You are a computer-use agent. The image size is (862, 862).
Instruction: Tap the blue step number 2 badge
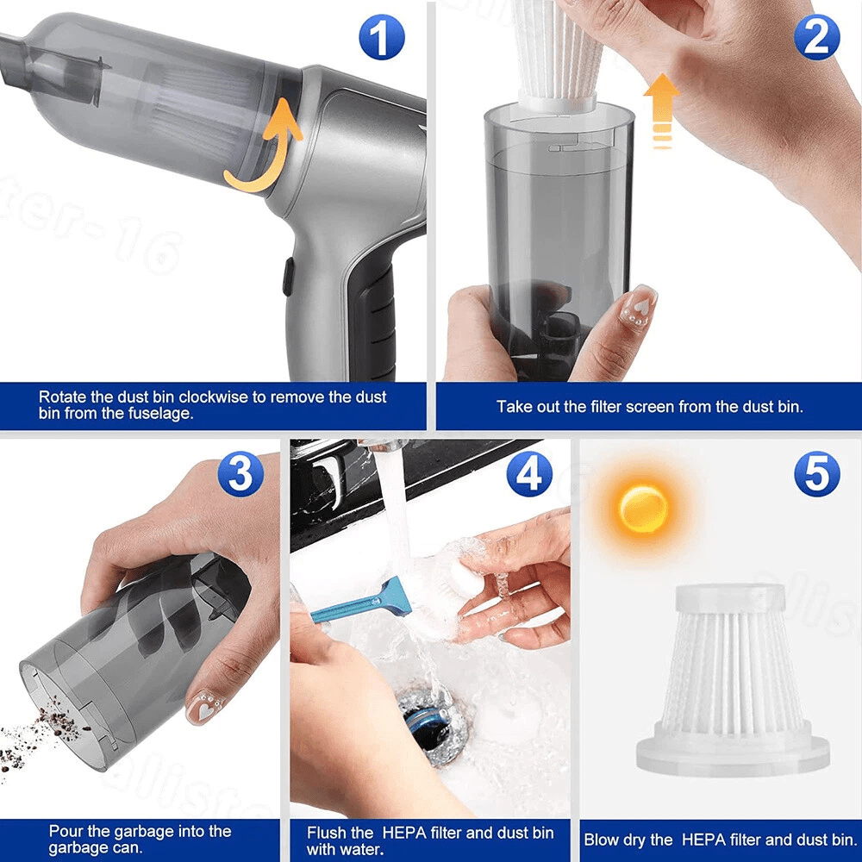coord(816,37)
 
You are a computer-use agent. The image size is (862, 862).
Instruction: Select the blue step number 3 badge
coord(240,475)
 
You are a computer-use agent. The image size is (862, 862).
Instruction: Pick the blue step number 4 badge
coord(529,474)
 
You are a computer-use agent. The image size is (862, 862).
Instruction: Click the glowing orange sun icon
coord(643,508)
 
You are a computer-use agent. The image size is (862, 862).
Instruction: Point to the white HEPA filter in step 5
coord(733,677)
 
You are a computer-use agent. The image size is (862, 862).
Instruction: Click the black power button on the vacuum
coord(288,277)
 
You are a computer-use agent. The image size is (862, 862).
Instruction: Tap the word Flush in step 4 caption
coord(327,833)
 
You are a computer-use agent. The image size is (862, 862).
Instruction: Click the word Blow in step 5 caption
coord(603,840)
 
